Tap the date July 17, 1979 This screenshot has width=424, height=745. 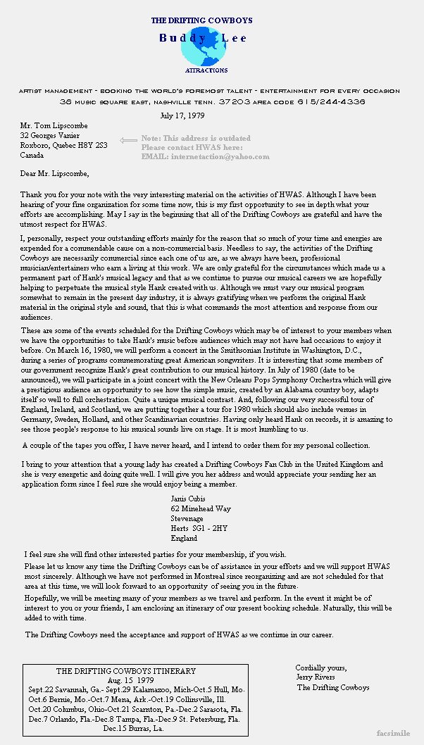pyautogui.click(x=182, y=115)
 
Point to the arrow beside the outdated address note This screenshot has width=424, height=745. pyautogui.click(x=128, y=140)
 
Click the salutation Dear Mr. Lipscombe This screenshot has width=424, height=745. pyautogui.click(x=55, y=173)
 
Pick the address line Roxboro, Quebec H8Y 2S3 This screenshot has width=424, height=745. pyautogui.click(x=63, y=145)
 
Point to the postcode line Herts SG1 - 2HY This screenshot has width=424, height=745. pyautogui.click(x=199, y=528)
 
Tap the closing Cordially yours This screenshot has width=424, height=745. pyautogui.click(x=320, y=668)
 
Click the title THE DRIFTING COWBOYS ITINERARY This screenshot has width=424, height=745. pyautogui.click(x=126, y=671)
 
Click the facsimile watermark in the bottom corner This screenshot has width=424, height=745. pyautogui.click(x=397, y=733)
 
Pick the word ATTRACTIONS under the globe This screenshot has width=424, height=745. pyautogui.click(x=206, y=70)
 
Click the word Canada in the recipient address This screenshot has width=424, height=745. pyautogui.click(x=32, y=155)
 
